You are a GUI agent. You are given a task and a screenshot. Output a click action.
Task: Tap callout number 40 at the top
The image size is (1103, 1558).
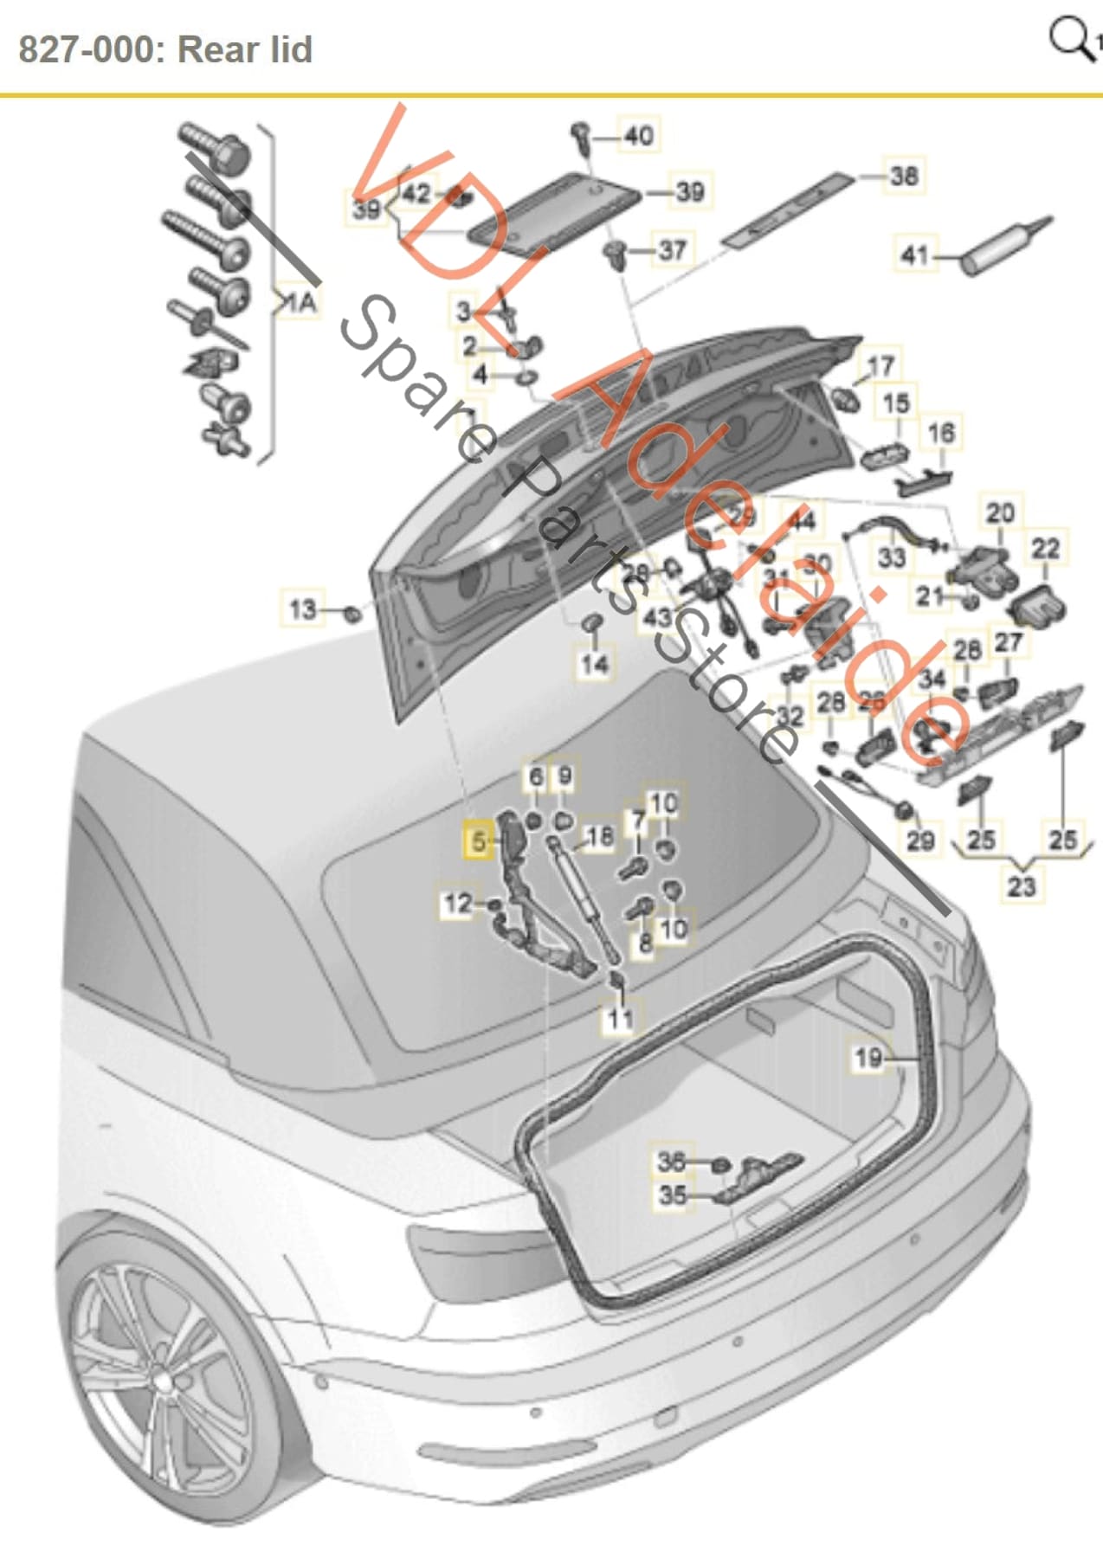[x=639, y=136]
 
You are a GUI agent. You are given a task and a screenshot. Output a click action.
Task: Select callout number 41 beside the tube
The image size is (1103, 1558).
[x=915, y=255]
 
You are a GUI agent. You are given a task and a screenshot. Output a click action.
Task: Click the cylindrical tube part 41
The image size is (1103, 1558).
[x=1004, y=248]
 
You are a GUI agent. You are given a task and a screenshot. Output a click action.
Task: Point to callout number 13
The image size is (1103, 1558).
[x=302, y=608]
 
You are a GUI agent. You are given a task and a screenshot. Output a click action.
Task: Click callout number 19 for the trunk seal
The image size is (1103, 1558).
[x=868, y=1057]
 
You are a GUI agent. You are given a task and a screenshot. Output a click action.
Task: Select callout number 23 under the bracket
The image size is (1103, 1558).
[x=1022, y=885]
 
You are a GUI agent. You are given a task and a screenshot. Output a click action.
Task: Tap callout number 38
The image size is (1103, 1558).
[x=903, y=176]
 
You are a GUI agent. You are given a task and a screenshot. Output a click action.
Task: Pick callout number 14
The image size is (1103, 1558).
[x=595, y=664]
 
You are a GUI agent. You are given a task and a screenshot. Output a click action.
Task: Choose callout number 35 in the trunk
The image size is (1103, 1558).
[x=672, y=1195]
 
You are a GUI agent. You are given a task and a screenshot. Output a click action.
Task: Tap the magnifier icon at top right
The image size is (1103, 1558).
[x=1072, y=39]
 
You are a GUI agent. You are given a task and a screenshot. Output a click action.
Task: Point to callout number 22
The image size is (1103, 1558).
[x=1045, y=548]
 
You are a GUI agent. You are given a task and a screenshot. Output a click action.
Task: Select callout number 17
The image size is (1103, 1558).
[x=880, y=366]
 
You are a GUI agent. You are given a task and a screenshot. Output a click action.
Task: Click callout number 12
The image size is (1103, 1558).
[x=458, y=904]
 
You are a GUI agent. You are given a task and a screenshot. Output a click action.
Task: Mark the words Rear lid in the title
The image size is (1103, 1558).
[x=245, y=49]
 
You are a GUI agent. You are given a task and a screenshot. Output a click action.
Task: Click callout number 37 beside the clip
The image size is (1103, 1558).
[x=672, y=250]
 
